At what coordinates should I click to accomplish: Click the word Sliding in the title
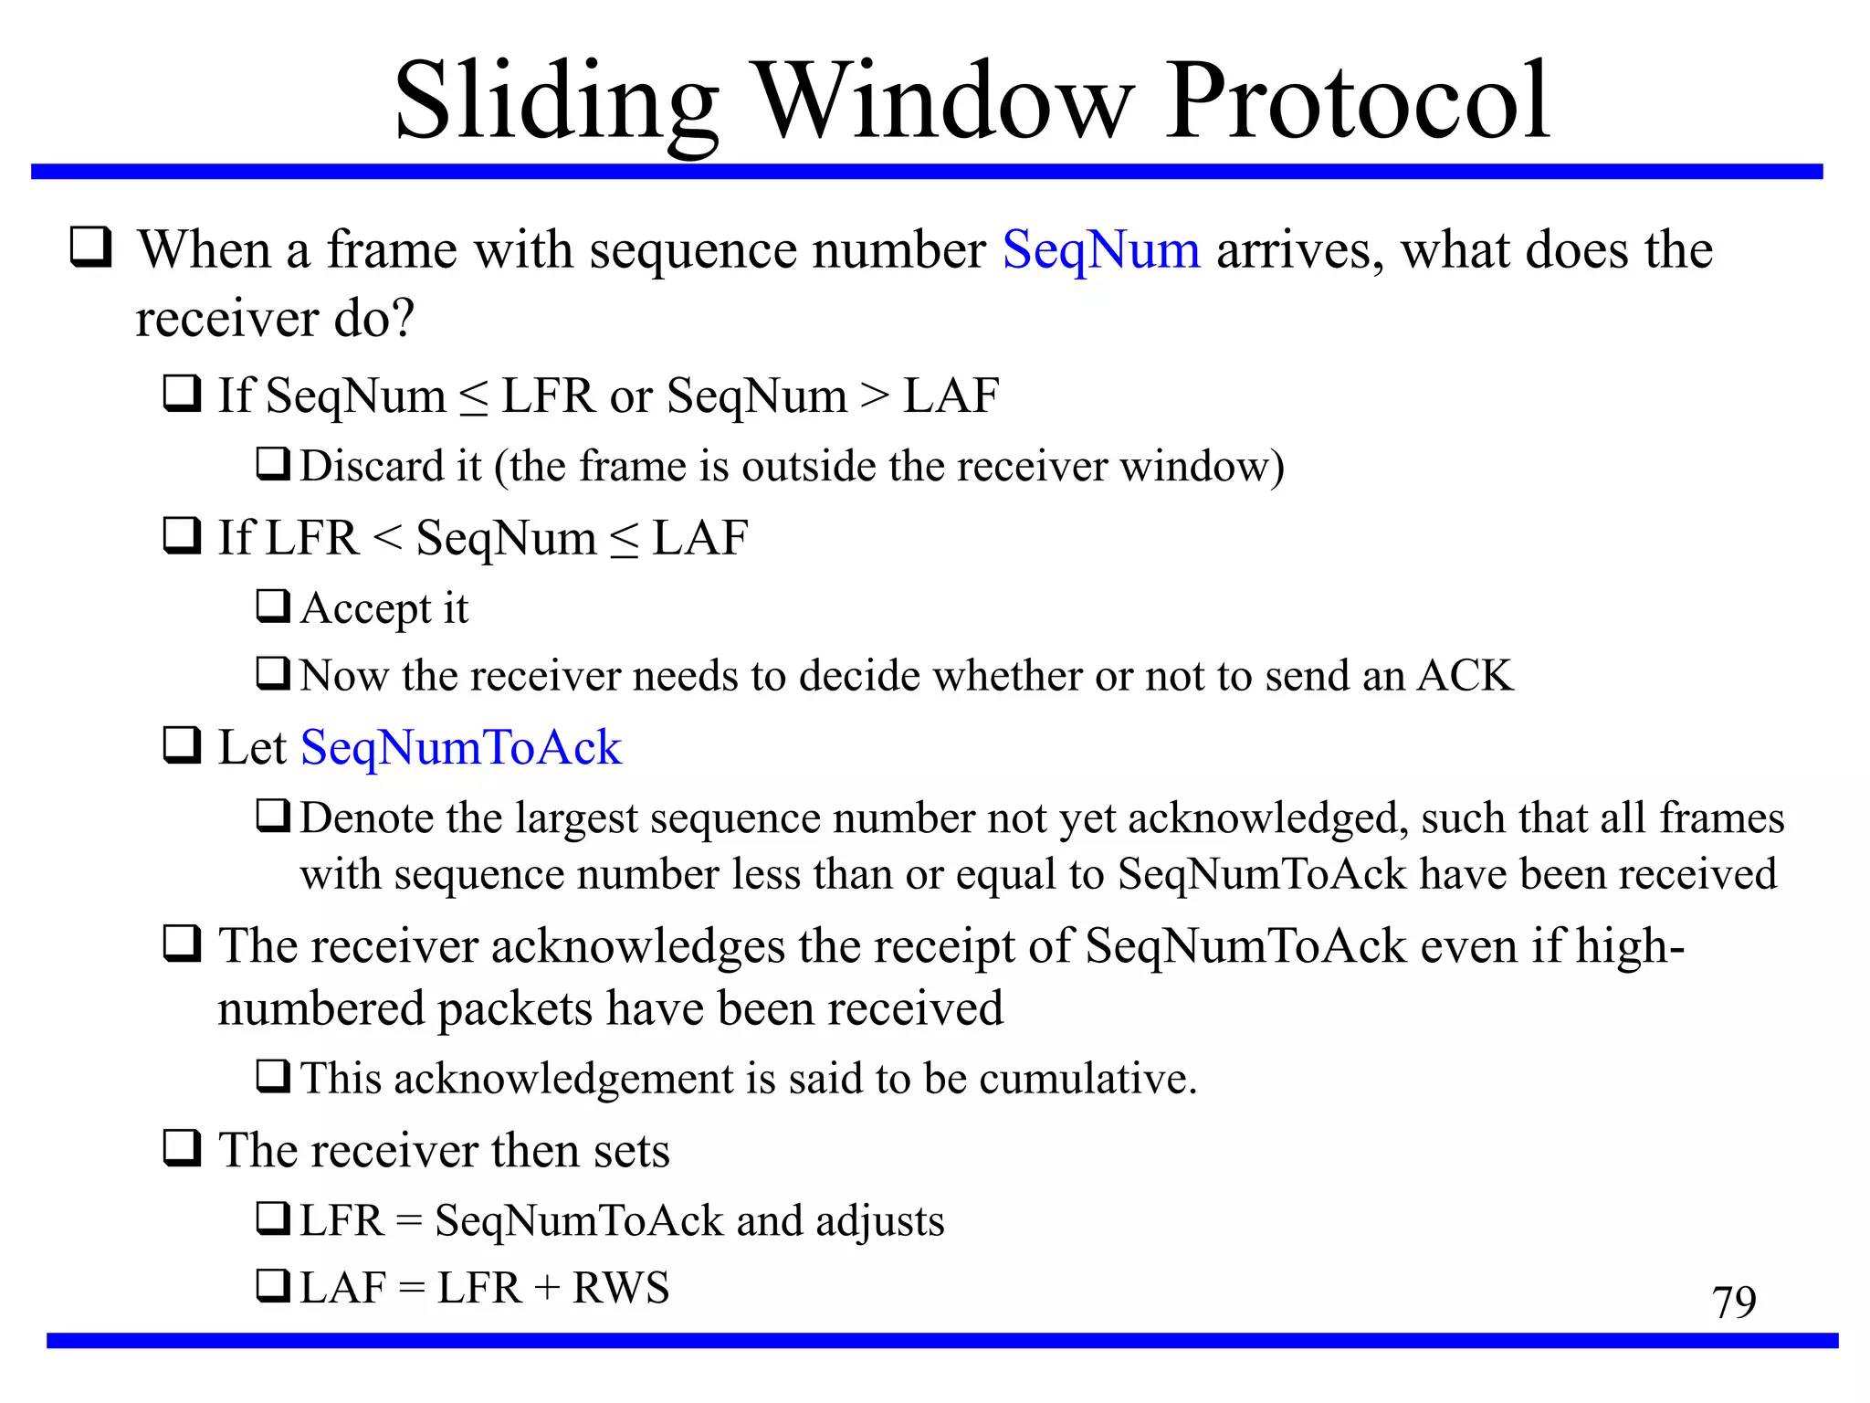point(556,102)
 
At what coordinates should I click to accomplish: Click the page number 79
point(1733,1302)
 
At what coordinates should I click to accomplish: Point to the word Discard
point(391,466)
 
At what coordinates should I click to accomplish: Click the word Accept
point(365,609)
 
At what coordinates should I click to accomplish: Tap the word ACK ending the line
point(1466,676)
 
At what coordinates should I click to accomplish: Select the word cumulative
point(1087,1079)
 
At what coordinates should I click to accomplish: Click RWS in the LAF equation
point(621,1288)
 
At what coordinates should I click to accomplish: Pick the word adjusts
point(879,1221)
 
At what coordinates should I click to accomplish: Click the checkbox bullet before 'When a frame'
point(91,247)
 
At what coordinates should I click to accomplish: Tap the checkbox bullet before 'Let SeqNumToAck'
point(183,744)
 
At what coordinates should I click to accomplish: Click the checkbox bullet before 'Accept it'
point(273,605)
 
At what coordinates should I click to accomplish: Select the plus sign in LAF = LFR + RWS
point(547,1289)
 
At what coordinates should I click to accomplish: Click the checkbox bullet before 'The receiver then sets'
point(183,1147)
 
